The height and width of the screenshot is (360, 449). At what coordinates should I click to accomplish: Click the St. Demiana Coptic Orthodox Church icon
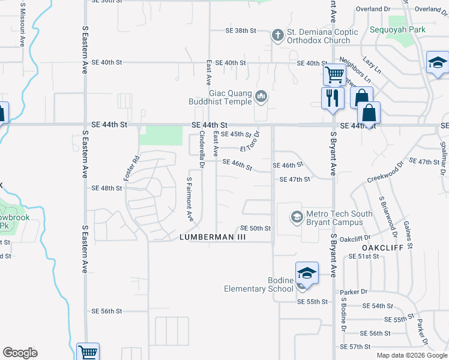click(277, 35)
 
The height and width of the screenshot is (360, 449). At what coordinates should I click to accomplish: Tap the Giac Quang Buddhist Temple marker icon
click(261, 96)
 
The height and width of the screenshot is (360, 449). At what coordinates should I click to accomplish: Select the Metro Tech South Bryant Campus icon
click(296, 216)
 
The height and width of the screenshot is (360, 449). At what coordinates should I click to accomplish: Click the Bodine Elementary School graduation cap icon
click(306, 274)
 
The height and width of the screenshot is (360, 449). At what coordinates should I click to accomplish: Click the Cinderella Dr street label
click(202, 148)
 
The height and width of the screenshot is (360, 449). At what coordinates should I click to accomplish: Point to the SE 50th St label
click(256, 228)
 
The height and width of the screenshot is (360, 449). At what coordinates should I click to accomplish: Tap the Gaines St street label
click(408, 235)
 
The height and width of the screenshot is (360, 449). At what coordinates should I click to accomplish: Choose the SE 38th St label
click(241, 31)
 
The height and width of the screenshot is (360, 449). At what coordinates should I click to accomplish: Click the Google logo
click(20, 353)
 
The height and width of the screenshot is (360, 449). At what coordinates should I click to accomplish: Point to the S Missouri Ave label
click(22, 24)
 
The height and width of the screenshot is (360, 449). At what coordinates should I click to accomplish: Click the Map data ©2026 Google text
click(411, 355)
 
